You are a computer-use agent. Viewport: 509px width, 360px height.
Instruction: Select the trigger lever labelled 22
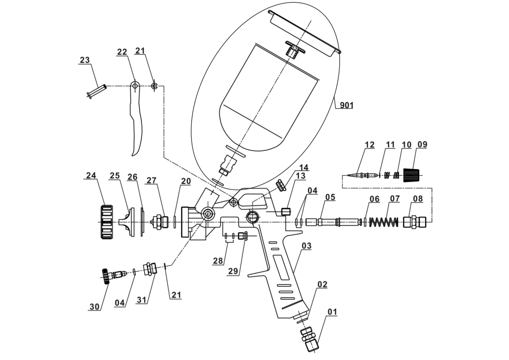(x=135, y=118)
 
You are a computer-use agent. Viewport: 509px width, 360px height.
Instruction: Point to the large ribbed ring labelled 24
(x=106, y=222)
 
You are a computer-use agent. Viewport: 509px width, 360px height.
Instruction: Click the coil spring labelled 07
(x=384, y=222)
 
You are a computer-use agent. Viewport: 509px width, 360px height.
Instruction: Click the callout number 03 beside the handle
(x=307, y=246)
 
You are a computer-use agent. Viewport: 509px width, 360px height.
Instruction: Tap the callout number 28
(x=218, y=261)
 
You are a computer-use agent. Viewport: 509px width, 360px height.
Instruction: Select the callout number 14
(x=303, y=167)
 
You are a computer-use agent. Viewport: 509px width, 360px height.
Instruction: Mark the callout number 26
(x=132, y=177)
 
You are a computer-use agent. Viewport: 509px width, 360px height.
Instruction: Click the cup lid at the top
(x=305, y=33)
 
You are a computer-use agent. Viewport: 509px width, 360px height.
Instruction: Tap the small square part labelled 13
(x=286, y=212)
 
